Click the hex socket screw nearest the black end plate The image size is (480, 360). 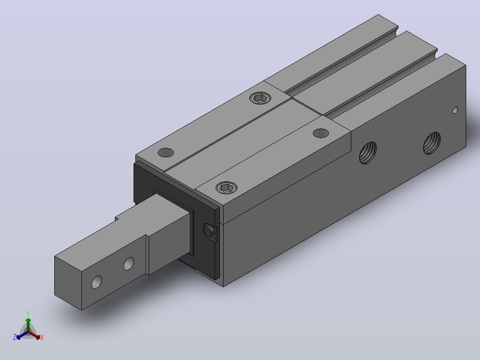[x=227, y=188]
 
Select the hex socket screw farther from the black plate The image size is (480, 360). [x=260, y=98]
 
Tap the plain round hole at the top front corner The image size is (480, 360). [x=166, y=152]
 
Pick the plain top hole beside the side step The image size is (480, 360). [x=321, y=133]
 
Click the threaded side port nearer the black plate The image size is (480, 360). [x=368, y=152]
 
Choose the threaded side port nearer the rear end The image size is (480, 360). [x=432, y=143]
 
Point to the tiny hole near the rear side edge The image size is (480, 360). [x=455, y=110]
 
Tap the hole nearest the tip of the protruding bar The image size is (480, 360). [x=97, y=282]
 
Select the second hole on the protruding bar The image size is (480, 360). [x=129, y=264]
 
